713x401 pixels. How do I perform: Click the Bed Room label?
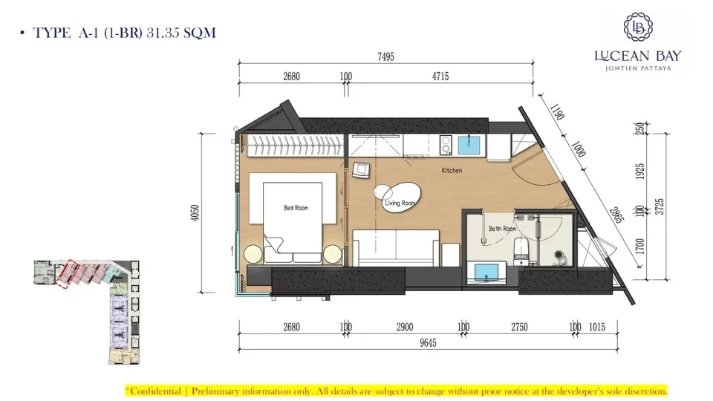coord(296,208)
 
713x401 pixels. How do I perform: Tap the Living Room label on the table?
coord(400,203)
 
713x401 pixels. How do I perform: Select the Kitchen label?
coord(452,171)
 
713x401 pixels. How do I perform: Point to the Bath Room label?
coord(503,229)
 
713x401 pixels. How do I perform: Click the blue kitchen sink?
coord(469,145)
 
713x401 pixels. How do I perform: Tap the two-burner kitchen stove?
coord(445,145)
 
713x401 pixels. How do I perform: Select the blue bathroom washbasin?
coord(486,273)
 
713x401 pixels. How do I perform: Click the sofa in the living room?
coord(396,248)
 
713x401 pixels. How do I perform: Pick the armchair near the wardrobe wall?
coord(361,169)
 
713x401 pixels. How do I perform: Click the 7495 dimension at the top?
coord(385,57)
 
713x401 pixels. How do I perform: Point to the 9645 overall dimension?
coord(428,343)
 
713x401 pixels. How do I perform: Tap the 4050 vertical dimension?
coord(195,213)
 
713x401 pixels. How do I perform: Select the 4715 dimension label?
coord(440,76)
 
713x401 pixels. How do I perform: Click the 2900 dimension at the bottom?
coord(405,327)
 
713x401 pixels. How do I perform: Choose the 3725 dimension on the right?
coord(660,206)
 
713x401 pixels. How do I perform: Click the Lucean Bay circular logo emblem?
coord(638,27)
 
